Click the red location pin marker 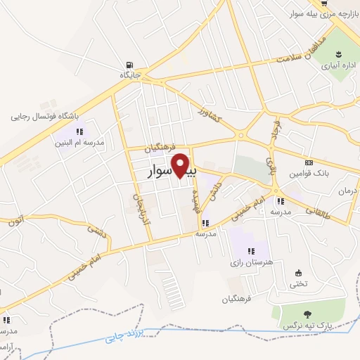pyautogui.click(x=181, y=166)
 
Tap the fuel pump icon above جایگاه pyautogui.click(x=127, y=63)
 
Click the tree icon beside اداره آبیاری pyautogui.click(x=339, y=53)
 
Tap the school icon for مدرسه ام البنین pyautogui.click(x=79, y=131)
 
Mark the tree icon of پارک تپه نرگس pyautogui.click(x=307, y=314)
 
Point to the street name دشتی pyautogui.click(x=94, y=232)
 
